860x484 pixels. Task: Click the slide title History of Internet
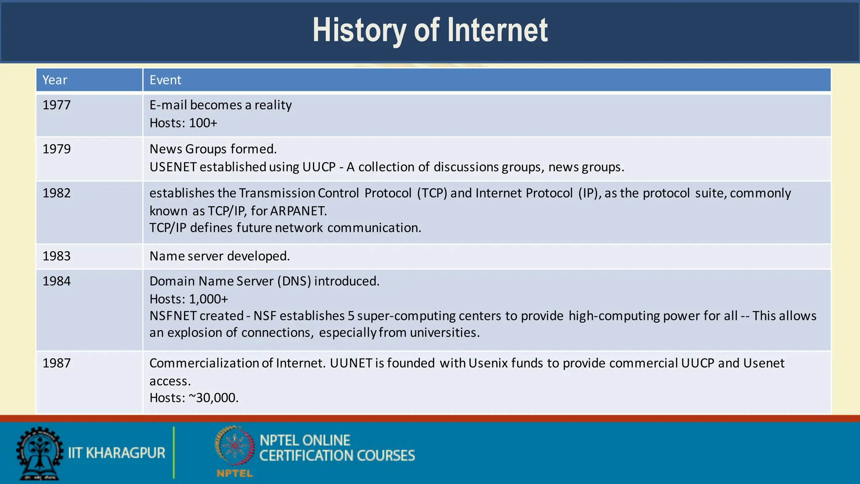click(430, 30)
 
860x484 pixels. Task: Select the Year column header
click(55, 80)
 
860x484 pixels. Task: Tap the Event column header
click(165, 80)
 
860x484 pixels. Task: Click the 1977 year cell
click(57, 105)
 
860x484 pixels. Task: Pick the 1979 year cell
click(57, 149)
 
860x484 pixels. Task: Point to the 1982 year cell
click(57, 193)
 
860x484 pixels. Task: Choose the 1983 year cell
click(57, 256)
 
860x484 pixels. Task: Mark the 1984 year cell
click(57, 281)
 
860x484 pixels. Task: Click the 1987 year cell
click(57, 363)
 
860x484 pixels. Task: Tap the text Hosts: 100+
click(184, 123)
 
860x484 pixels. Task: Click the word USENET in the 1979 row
click(173, 167)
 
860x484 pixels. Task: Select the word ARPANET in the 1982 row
click(298, 211)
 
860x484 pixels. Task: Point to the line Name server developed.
click(220, 256)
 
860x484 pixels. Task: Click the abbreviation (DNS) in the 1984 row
click(294, 281)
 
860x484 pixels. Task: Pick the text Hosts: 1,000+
click(189, 299)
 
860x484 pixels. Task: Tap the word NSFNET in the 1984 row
click(176, 316)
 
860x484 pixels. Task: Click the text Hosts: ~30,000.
click(194, 398)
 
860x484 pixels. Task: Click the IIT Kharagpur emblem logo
click(39, 453)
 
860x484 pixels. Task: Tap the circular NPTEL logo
click(234, 446)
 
